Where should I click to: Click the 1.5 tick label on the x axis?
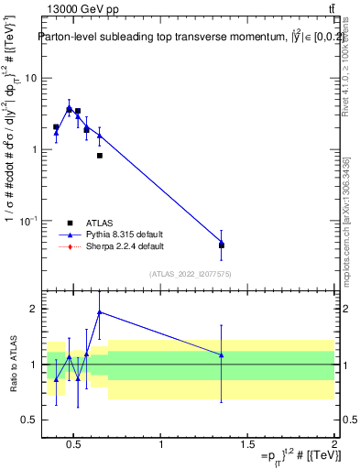click(x=247, y=444)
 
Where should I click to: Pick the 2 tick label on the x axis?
click(x=333, y=444)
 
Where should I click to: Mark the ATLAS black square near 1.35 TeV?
click(x=222, y=245)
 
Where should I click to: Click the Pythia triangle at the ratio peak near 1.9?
click(x=99, y=311)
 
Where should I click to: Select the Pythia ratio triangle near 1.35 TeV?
click(x=222, y=354)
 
